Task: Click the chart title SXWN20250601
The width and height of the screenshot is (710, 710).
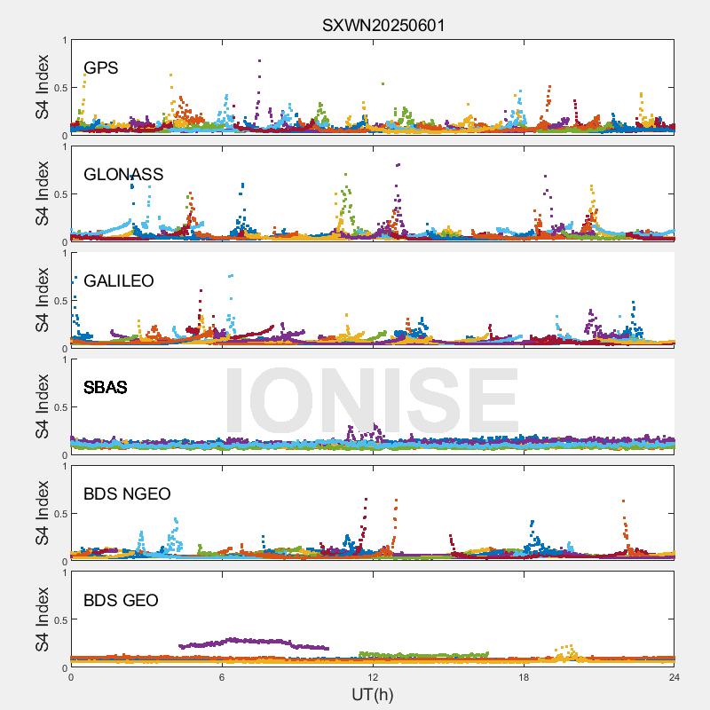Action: pyautogui.click(x=383, y=25)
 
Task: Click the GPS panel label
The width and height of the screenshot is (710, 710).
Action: pyautogui.click(x=100, y=68)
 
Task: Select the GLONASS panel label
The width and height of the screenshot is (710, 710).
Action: pyautogui.click(x=123, y=175)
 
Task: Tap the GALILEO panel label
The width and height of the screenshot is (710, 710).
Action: pyautogui.click(x=119, y=281)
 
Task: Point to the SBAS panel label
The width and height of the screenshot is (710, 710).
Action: pyautogui.click(x=105, y=388)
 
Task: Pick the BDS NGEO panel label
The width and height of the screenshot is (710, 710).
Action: pyautogui.click(x=127, y=494)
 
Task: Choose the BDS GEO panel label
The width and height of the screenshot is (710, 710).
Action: pyautogui.click(x=121, y=601)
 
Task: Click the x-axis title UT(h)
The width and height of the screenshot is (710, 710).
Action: pyautogui.click(x=373, y=693)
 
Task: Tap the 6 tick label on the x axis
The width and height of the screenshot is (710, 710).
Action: pyautogui.click(x=222, y=677)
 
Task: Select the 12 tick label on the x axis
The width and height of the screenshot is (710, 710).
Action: pyautogui.click(x=373, y=677)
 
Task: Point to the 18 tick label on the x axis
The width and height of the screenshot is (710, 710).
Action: pyautogui.click(x=524, y=677)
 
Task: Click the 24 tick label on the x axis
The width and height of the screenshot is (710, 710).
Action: pyautogui.click(x=674, y=677)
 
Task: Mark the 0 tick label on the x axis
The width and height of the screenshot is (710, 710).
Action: pyautogui.click(x=71, y=677)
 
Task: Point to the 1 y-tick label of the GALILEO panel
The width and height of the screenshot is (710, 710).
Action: pyautogui.click(x=64, y=253)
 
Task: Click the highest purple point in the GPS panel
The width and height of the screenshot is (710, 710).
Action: pyautogui.click(x=259, y=60)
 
